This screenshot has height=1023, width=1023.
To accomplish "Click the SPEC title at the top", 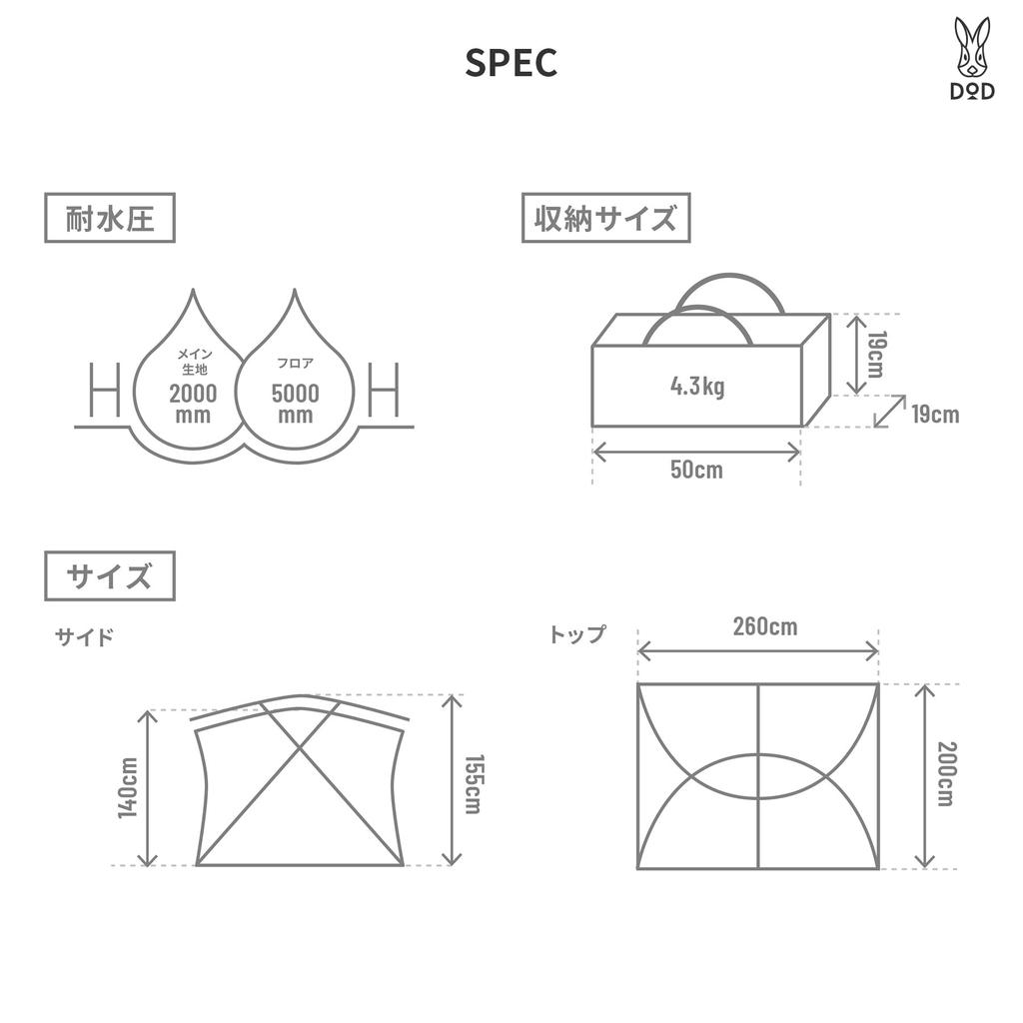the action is (511, 63).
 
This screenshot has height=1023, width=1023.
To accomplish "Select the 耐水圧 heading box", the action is (110, 218).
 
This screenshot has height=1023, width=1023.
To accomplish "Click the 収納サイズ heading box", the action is (606, 218).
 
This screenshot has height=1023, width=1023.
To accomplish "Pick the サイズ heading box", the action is (110, 576).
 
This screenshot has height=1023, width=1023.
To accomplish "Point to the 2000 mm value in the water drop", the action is (193, 404).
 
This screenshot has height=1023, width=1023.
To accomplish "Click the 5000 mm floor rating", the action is (296, 404).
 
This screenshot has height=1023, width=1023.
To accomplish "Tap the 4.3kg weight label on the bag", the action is (697, 387).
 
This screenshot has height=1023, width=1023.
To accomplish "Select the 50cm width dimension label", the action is (696, 470).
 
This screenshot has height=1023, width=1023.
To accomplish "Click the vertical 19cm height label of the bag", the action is (875, 355).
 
